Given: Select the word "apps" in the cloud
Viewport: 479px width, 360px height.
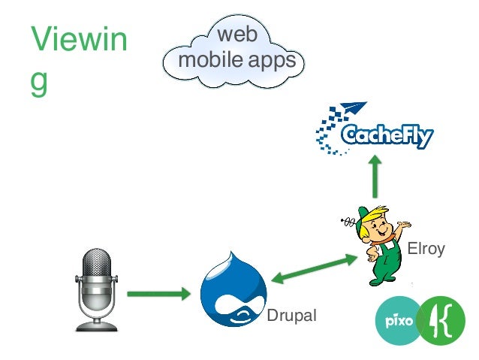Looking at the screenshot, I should click(271, 60).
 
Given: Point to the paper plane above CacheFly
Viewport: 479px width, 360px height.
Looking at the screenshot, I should click(350, 110).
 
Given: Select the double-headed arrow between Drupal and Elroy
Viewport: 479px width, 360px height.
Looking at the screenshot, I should click(315, 269).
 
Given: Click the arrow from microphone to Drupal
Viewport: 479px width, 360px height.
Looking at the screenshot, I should click(158, 293).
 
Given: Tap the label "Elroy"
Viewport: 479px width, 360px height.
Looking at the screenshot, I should click(426, 249).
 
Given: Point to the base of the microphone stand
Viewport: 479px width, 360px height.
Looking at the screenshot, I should click(97, 325).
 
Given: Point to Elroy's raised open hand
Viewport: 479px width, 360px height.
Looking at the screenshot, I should click(405, 224).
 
